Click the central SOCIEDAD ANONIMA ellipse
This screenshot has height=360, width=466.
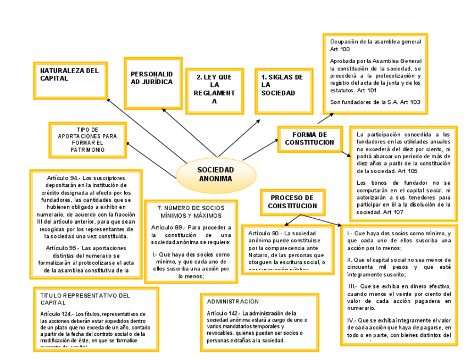coord(215,174)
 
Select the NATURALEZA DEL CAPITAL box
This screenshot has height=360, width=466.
coord(70,80)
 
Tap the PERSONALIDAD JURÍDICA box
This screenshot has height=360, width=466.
coord(152,83)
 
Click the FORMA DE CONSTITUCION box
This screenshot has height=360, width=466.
coord(309,139)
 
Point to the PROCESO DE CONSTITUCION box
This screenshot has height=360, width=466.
coord(292,202)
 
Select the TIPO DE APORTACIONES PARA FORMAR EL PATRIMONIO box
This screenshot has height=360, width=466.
coord(87,140)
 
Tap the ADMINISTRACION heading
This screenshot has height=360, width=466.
coord(233,302)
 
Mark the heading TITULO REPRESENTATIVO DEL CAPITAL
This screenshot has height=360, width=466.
coord(85,298)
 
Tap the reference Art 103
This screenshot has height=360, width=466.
coord(410,102)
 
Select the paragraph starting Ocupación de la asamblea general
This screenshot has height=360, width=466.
coord(375,45)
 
